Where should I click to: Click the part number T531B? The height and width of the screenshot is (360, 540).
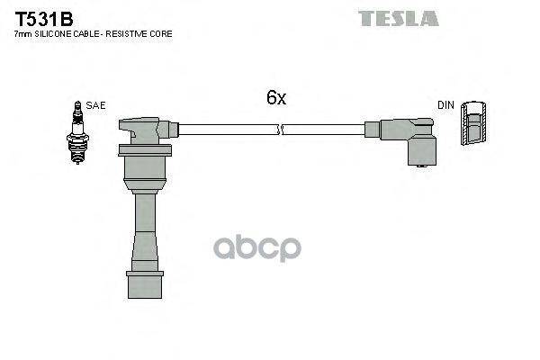click(44, 19)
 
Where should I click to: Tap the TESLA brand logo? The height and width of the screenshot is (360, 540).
click(399, 19)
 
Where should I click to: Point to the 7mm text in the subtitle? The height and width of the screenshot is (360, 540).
click(23, 34)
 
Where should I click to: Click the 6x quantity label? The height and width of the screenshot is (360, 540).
click(276, 97)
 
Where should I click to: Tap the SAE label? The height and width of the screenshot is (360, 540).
click(95, 105)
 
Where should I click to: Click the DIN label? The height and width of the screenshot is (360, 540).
click(445, 105)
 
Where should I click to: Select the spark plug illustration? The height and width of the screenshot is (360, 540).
click(77, 132)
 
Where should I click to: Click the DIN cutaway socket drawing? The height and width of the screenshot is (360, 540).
click(474, 123)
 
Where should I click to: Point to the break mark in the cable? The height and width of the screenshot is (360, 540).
click(280, 130)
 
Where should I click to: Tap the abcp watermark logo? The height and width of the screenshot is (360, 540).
click(257, 248)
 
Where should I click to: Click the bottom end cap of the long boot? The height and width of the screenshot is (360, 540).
click(145, 285)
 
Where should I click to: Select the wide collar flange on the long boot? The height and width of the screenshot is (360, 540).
click(145, 151)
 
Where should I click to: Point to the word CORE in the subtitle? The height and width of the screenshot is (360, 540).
click(161, 34)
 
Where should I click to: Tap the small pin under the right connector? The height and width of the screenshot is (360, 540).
click(422, 166)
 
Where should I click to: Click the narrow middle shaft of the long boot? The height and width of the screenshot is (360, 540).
click(145, 212)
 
